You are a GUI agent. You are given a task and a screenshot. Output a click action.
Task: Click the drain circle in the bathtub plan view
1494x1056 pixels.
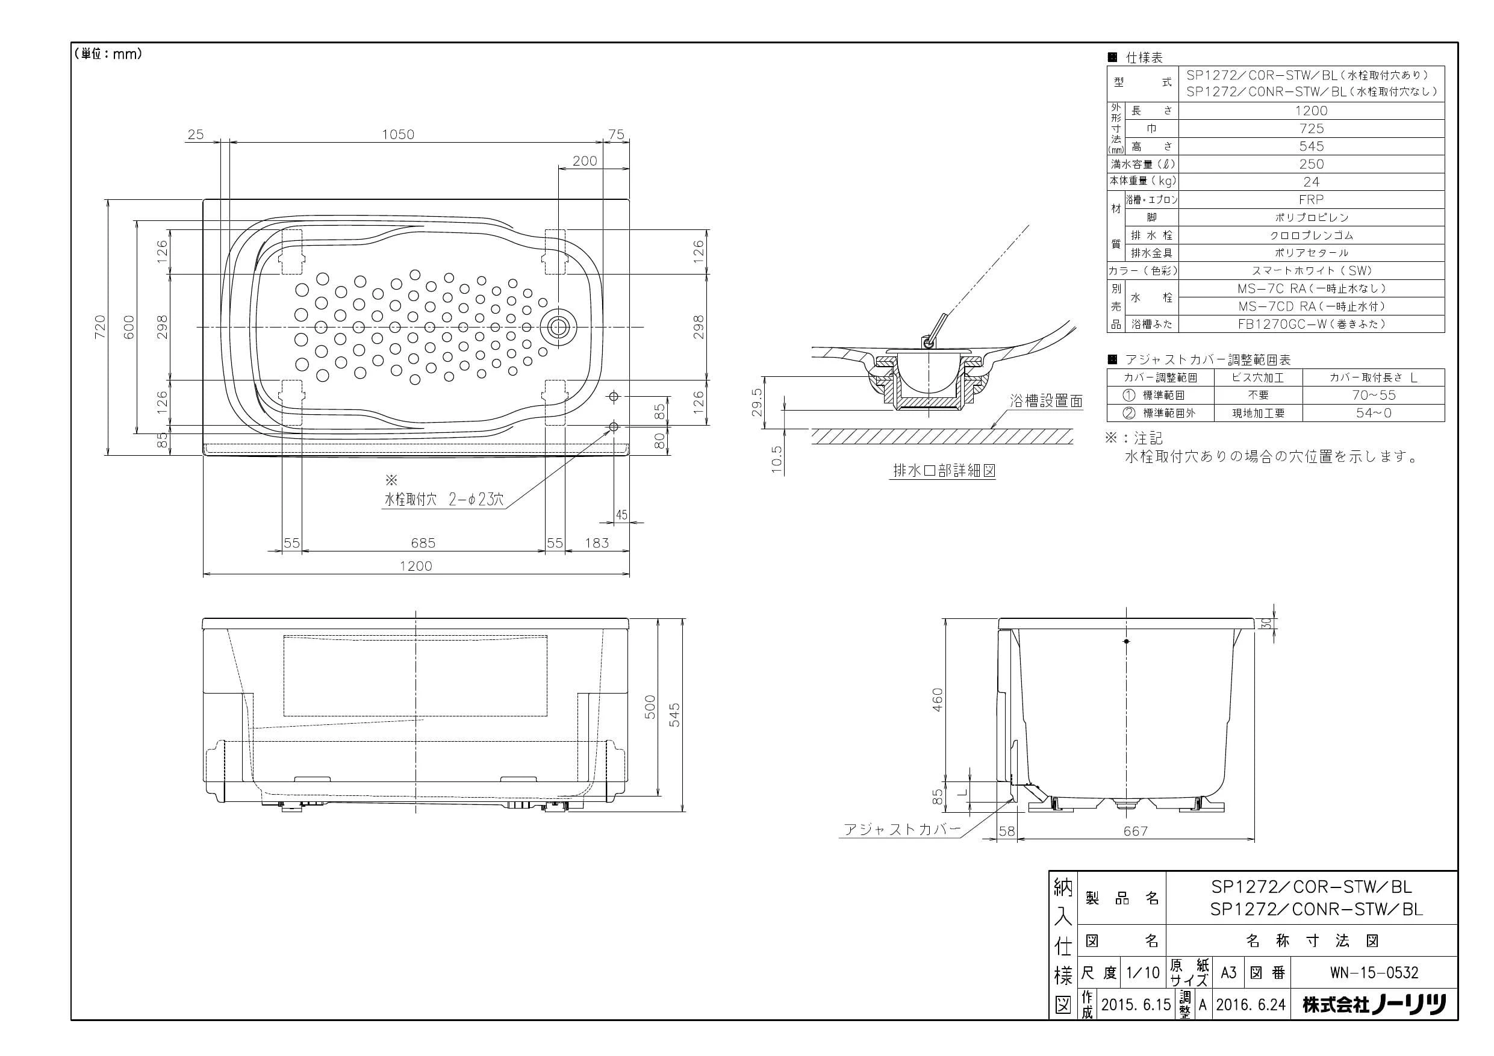(558, 327)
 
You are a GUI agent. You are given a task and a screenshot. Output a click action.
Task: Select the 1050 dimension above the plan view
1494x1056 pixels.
(397, 134)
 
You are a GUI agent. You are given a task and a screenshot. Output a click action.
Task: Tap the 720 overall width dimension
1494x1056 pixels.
(99, 327)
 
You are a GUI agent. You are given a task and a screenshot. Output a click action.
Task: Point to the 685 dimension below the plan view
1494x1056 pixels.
(423, 542)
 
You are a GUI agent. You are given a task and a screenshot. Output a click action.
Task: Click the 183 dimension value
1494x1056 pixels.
(597, 542)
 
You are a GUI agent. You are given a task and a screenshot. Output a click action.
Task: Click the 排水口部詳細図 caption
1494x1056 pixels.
(944, 470)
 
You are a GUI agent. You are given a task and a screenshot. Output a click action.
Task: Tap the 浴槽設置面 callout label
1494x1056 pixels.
(1047, 402)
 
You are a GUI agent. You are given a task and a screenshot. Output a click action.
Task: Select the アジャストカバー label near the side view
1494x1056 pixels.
(902, 829)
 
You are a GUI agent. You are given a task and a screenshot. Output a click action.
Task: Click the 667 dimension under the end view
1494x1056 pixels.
(1136, 831)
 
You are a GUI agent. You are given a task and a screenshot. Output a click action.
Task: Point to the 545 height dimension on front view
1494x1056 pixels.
(675, 715)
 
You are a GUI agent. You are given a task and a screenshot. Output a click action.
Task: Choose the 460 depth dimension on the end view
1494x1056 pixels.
(937, 700)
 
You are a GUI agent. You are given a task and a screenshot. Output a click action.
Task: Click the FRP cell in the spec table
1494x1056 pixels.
(1311, 200)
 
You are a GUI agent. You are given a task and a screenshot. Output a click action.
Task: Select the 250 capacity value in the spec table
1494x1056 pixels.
(1311, 164)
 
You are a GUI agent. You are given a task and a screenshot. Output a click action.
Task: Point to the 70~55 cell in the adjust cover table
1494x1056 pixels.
(1374, 395)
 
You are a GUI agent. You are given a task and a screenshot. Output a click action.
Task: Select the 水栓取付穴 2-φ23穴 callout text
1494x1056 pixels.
(444, 500)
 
